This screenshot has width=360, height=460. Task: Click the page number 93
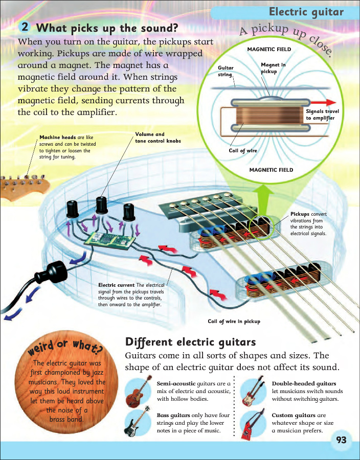[x=342, y=440]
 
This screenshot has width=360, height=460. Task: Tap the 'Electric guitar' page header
[x=306, y=12]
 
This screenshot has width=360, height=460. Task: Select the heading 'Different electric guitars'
[x=190, y=342]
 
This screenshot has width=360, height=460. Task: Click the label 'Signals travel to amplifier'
[x=322, y=114]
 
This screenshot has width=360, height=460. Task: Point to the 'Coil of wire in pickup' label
[x=234, y=321]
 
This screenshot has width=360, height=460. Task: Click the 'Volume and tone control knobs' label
[x=157, y=137]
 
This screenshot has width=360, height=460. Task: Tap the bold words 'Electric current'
[x=116, y=285]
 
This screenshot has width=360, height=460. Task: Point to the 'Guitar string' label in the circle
[x=226, y=71]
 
